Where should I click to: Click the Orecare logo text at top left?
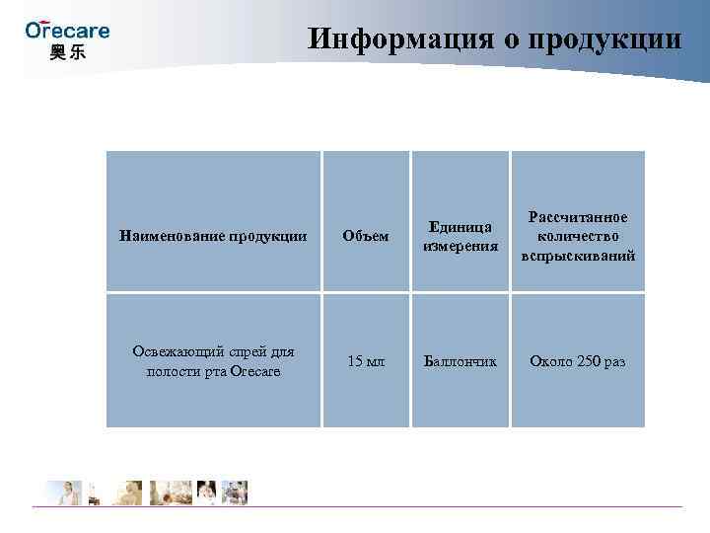[67, 30]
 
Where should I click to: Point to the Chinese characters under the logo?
[67, 51]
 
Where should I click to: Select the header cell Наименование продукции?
[213, 236]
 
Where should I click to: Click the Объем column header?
[365, 236]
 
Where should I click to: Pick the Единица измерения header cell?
[460, 236]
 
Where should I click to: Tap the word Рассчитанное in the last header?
[578, 216]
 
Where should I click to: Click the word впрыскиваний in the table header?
[578, 256]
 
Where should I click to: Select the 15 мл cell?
[365, 361]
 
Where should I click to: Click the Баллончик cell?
[460, 361]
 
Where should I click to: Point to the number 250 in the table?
[588, 361]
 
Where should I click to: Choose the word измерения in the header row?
[460, 246]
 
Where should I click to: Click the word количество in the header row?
[578, 236]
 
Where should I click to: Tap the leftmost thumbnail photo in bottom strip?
[60, 492]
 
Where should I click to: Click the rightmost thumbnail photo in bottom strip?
[236, 492]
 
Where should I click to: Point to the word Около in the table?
[551, 361]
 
